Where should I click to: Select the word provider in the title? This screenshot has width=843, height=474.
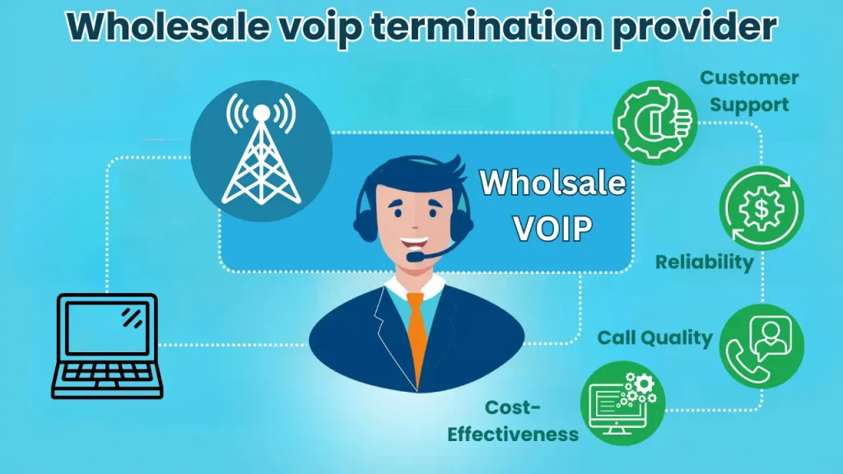(x=705, y=27)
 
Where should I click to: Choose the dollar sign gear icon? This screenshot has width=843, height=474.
(x=761, y=209)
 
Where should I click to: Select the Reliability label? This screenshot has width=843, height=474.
(x=704, y=263)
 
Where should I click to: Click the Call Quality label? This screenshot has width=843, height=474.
(x=654, y=337)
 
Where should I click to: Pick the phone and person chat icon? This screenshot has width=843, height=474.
(x=761, y=345)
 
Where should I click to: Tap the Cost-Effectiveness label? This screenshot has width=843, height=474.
(x=513, y=421)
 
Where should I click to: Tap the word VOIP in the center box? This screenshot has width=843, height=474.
(x=552, y=229)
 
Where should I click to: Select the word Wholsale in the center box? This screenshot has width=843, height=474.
(x=552, y=183)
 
